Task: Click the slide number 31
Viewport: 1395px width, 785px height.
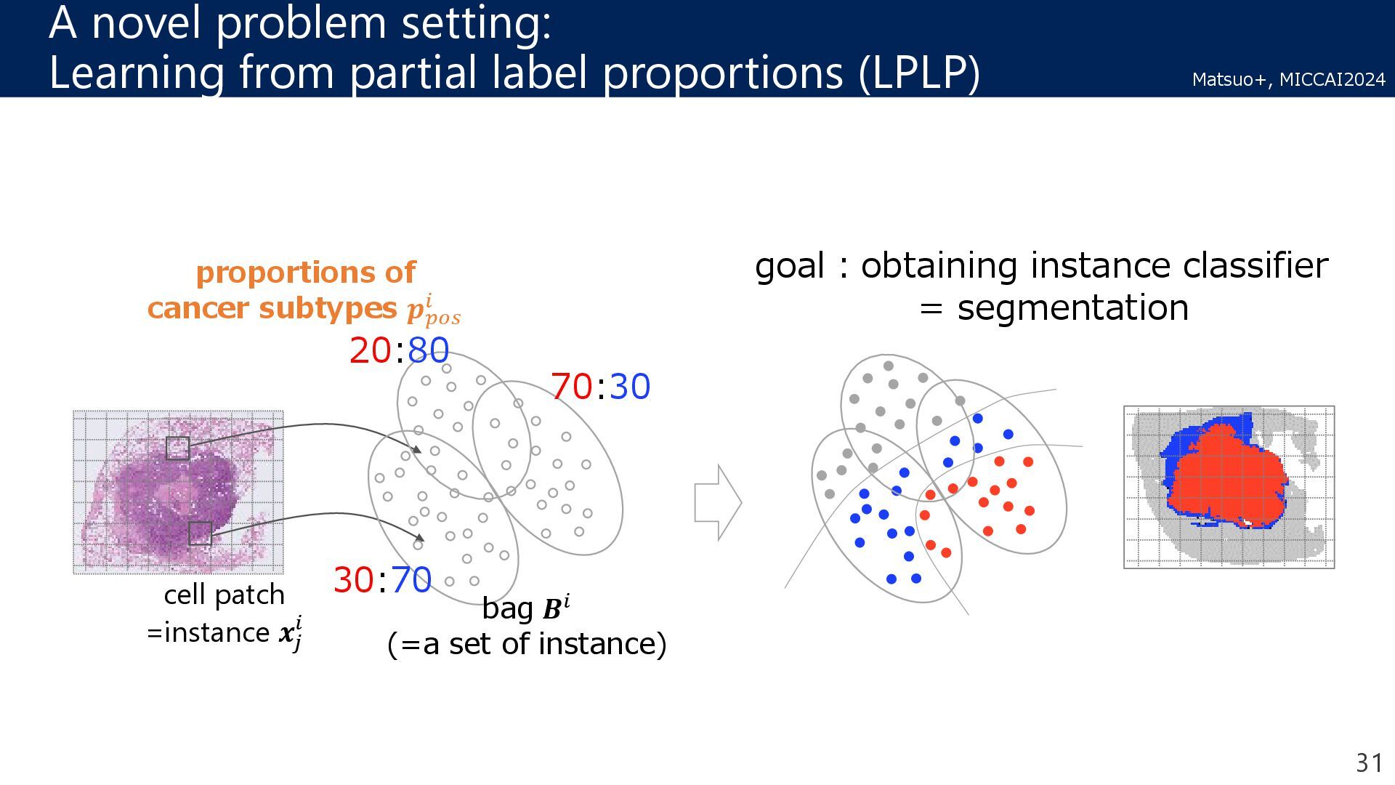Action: (1370, 762)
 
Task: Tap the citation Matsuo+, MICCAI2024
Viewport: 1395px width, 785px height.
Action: (1288, 79)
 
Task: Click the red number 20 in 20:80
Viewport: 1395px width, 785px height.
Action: (371, 350)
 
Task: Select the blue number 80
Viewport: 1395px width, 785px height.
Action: (429, 350)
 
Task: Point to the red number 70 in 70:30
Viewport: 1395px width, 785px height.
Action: (571, 386)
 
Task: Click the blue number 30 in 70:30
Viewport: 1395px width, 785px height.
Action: (629, 386)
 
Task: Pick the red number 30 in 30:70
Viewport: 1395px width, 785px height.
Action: (354, 580)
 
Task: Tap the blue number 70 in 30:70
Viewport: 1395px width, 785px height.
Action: (411, 580)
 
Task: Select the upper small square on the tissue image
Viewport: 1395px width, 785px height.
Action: (177, 448)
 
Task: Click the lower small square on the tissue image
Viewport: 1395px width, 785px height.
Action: (200, 534)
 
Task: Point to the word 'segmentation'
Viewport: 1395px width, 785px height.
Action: (1072, 307)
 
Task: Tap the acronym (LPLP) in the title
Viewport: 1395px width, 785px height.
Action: (919, 73)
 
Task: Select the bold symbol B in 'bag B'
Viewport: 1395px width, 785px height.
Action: (552, 609)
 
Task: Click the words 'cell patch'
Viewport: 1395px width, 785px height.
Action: (224, 595)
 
